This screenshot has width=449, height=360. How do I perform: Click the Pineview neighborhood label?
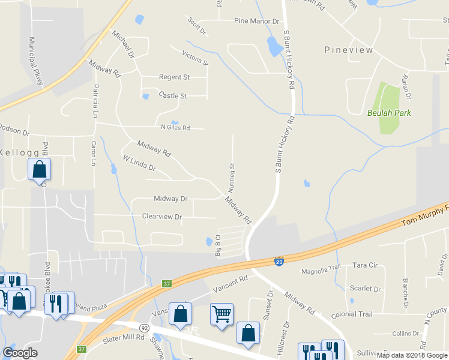(x=348, y=50)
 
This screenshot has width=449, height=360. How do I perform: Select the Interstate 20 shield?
(x=279, y=262)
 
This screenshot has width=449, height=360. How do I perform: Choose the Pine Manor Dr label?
(x=257, y=21)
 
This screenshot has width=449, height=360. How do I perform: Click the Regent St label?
(x=174, y=77)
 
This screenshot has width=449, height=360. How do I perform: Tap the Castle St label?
(x=173, y=95)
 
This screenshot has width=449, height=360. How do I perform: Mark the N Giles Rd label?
(x=175, y=127)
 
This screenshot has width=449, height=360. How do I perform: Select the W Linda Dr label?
(x=139, y=163)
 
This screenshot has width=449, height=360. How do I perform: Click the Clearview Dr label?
(x=161, y=217)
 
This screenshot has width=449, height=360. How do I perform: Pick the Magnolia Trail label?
(x=321, y=271)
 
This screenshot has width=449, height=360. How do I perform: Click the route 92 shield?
(x=145, y=328)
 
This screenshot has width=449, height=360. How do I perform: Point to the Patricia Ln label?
(x=95, y=101)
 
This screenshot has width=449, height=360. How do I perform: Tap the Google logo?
(x=20, y=353)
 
